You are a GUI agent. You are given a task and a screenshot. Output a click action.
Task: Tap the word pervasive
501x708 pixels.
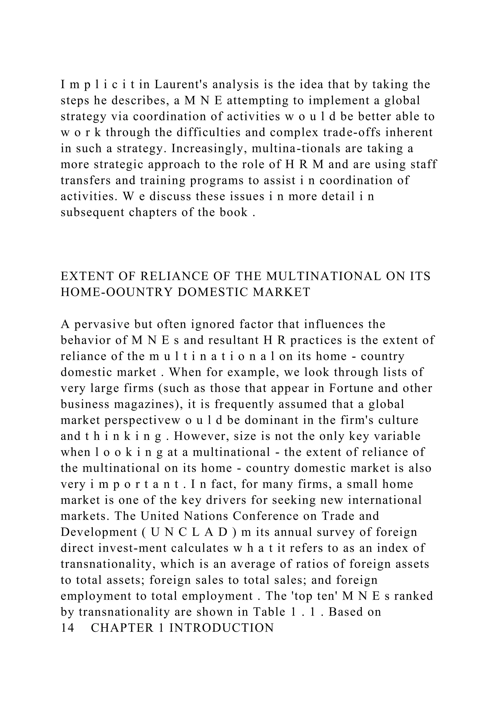[102, 324]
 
